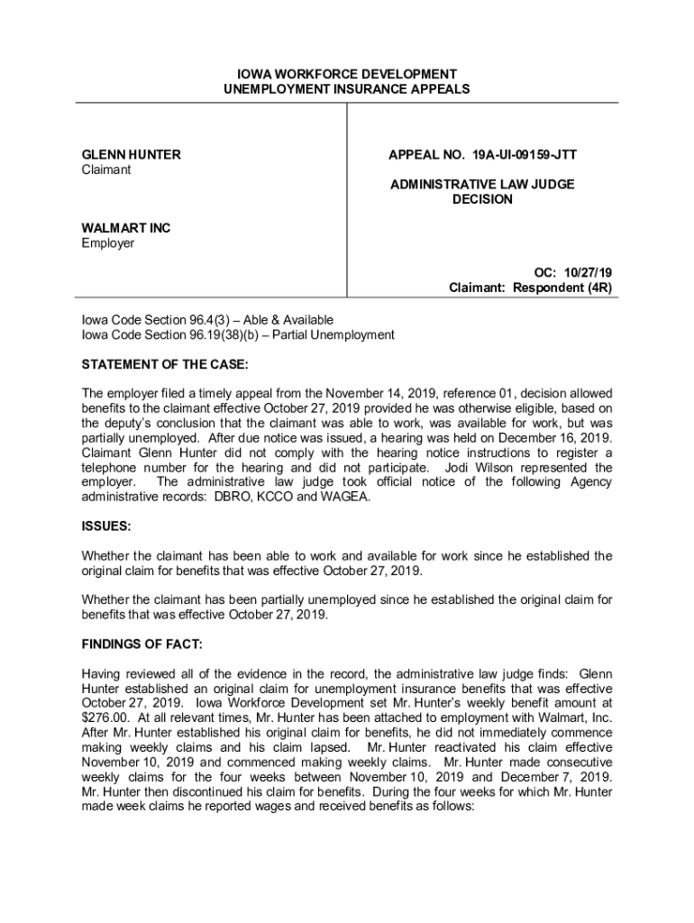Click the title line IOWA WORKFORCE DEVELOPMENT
click(346, 74)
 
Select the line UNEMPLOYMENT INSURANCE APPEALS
click(346, 89)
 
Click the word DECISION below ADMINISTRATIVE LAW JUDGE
click(482, 199)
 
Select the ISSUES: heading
click(106, 525)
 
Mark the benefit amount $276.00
click(107, 717)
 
